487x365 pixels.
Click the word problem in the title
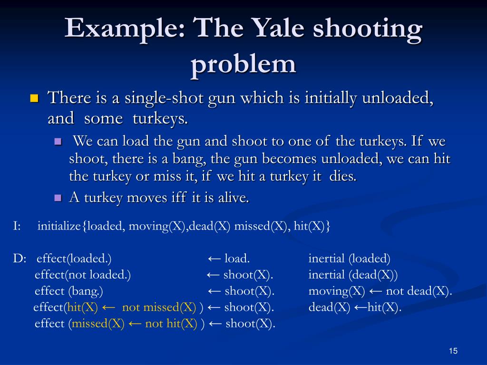click(x=243, y=63)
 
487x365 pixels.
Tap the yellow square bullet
click(x=34, y=99)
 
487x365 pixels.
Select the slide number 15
click(x=452, y=351)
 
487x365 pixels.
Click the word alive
click(x=233, y=198)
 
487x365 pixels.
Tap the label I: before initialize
click(x=17, y=226)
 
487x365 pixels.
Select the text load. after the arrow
click(x=237, y=259)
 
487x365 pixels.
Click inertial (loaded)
click(x=349, y=259)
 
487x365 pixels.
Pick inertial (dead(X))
click(x=353, y=275)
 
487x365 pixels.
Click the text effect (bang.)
click(x=69, y=291)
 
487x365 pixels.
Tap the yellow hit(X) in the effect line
click(x=82, y=307)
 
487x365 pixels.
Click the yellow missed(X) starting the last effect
click(x=98, y=324)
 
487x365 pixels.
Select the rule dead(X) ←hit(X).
click(x=355, y=307)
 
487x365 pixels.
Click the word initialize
click(x=59, y=226)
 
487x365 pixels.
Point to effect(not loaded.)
click(x=83, y=275)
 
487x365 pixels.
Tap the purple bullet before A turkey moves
click(x=58, y=198)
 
